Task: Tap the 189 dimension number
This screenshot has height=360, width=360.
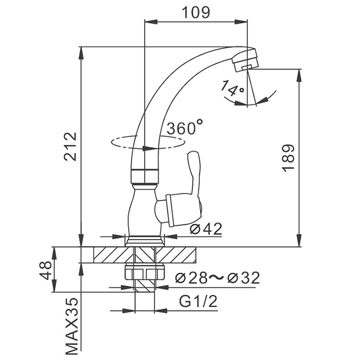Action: pyautogui.click(x=289, y=157)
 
